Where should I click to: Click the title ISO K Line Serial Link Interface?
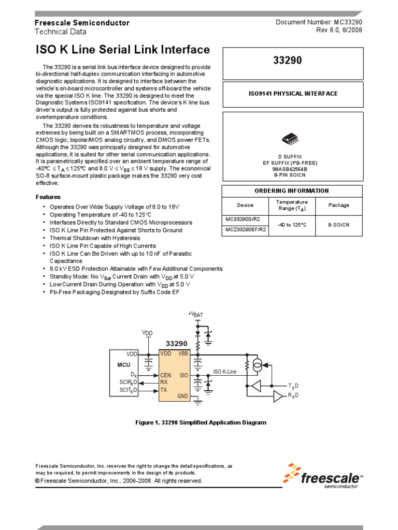[x=122, y=50]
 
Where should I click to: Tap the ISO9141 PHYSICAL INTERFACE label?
[x=292, y=94]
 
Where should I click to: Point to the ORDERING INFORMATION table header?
[x=292, y=190]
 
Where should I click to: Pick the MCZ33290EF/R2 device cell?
[x=246, y=229]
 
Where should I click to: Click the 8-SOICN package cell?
[x=339, y=225]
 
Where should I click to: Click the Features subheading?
[x=48, y=197]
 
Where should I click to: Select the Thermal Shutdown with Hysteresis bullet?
[x=87, y=238]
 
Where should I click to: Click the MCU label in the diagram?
[x=123, y=365]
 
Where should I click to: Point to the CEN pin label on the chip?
[x=166, y=375]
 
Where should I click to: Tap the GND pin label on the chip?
[x=183, y=396]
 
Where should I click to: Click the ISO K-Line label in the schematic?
[x=224, y=372]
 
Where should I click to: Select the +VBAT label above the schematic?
[x=196, y=314]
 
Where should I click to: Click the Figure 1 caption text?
[x=201, y=423]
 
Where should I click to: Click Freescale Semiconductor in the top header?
[x=82, y=23]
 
